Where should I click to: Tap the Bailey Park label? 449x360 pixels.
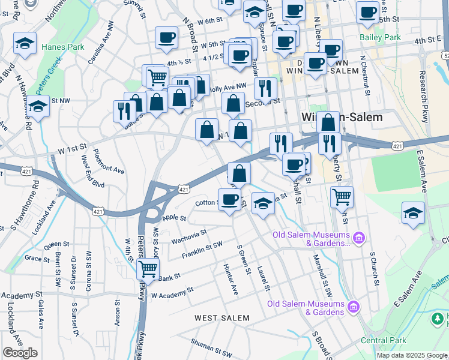(x=380, y=37)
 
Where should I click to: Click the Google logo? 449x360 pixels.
(x=20, y=353)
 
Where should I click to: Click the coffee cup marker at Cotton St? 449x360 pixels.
(x=229, y=199)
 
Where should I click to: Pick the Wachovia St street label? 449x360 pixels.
(x=189, y=235)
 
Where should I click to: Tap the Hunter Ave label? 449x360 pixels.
(x=231, y=279)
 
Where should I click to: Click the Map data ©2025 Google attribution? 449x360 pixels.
(x=411, y=355)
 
